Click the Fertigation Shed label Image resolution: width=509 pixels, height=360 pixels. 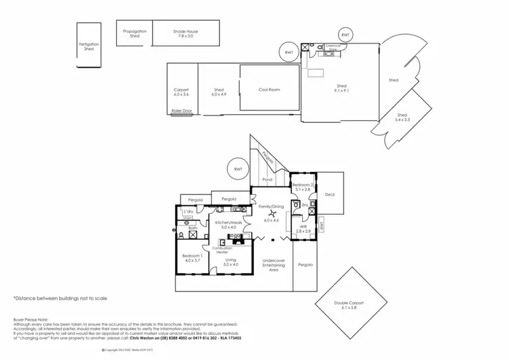[x=88, y=47]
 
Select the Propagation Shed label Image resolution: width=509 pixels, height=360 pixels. [x=135, y=33]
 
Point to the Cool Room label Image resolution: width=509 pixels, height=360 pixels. [x=269, y=90]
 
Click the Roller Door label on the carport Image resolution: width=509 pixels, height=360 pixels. [x=181, y=111]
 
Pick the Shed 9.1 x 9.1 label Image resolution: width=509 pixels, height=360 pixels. [x=341, y=89]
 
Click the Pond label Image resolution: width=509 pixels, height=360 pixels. [x=268, y=180]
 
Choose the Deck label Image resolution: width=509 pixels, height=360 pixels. [x=330, y=195]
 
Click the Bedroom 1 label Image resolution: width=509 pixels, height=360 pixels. [x=191, y=257]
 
